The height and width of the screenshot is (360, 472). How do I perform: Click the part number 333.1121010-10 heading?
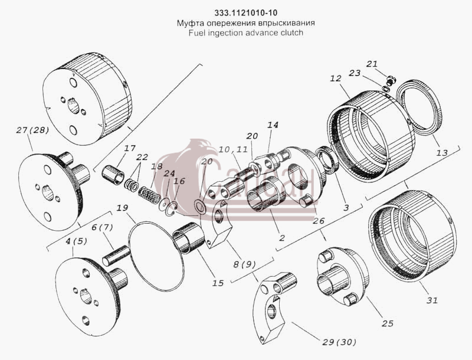(245, 13)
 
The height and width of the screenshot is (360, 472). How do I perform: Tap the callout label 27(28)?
(32, 130)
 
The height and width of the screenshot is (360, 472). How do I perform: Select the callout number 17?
(130, 148)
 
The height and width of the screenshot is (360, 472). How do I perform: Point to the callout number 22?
(142, 157)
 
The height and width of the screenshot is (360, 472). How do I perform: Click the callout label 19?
(123, 208)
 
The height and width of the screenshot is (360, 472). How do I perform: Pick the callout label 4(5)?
(77, 241)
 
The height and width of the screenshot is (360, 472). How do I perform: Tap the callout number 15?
(218, 283)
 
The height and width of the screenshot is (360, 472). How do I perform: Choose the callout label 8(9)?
(244, 264)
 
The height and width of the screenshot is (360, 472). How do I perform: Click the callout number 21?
(372, 64)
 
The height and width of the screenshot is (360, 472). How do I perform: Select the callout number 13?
(442, 153)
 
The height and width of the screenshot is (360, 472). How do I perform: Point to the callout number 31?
(432, 300)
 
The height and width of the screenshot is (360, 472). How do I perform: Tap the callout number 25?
(388, 323)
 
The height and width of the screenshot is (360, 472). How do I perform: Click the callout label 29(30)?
(339, 342)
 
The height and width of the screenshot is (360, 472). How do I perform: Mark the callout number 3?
(346, 208)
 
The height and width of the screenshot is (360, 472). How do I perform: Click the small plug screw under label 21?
(391, 80)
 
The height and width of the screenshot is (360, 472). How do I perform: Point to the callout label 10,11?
(233, 149)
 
